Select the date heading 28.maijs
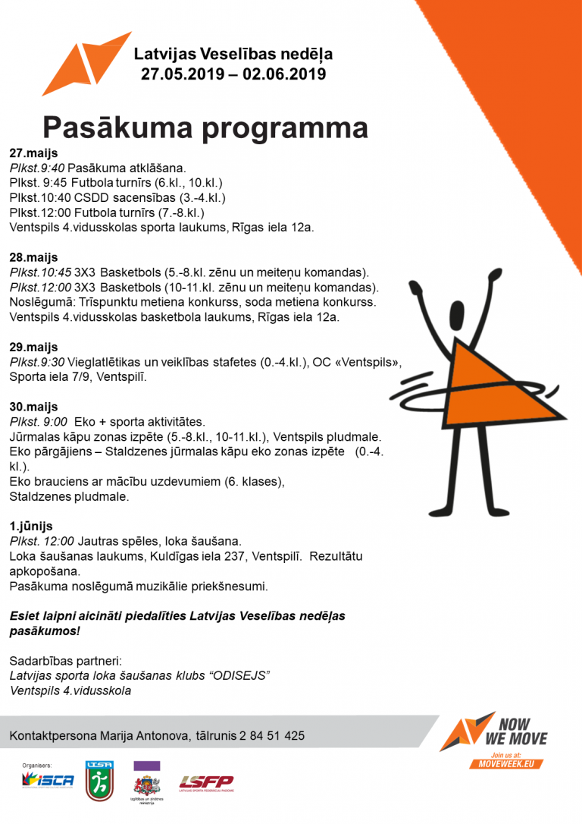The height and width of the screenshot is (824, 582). (33, 257)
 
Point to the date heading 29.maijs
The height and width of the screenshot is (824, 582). (33, 347)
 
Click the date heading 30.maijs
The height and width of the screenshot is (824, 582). (33, 407)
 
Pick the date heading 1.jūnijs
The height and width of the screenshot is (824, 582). (31, 526)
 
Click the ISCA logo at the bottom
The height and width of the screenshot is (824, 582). (48, 780)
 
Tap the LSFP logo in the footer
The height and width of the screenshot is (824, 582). (205, 782)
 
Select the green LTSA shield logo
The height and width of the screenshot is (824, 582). (99, 781)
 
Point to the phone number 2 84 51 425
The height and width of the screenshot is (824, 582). (272, 735)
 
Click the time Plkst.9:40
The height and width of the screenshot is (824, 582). (36, 168)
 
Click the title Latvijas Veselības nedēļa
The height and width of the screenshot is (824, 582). (233, 55)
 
